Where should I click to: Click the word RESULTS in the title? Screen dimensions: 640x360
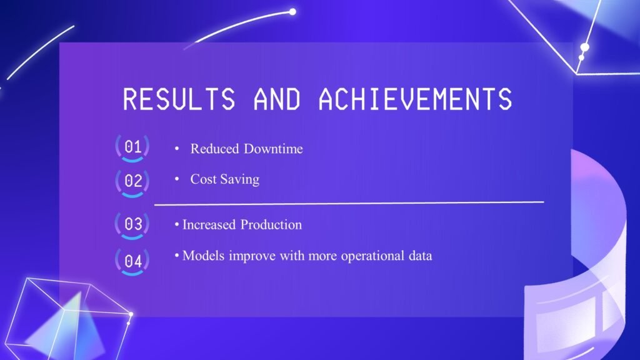point(179,99)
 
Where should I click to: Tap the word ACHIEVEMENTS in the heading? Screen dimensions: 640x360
point(415,99)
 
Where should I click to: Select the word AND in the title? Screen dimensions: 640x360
point(277,99)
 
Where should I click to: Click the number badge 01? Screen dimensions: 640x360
point(132,147)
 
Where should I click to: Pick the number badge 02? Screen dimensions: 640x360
point(132,182)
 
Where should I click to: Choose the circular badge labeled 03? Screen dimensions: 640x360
point(132,224)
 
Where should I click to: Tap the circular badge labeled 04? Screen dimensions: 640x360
point(132,261)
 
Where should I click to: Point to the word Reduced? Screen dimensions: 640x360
point(215,149)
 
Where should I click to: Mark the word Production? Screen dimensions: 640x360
point(271,224)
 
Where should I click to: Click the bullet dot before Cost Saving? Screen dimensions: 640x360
point(177,179)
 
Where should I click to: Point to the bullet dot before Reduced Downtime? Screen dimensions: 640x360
point(177,149)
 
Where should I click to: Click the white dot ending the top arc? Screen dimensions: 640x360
point(292,12)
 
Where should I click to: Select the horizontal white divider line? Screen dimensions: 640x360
point(349,203)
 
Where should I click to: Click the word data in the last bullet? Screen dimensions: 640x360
point(421,256)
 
